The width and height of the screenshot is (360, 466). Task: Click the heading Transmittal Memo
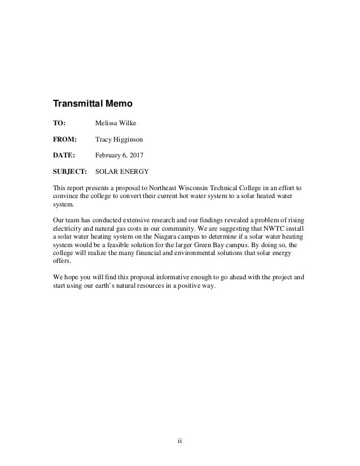pyautogui.click(x=93, y=104)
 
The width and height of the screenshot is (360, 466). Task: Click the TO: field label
pyautogui.click(x=59, y=122)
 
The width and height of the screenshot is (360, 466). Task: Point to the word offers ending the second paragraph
pyautogui.click(x=62, y=261)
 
